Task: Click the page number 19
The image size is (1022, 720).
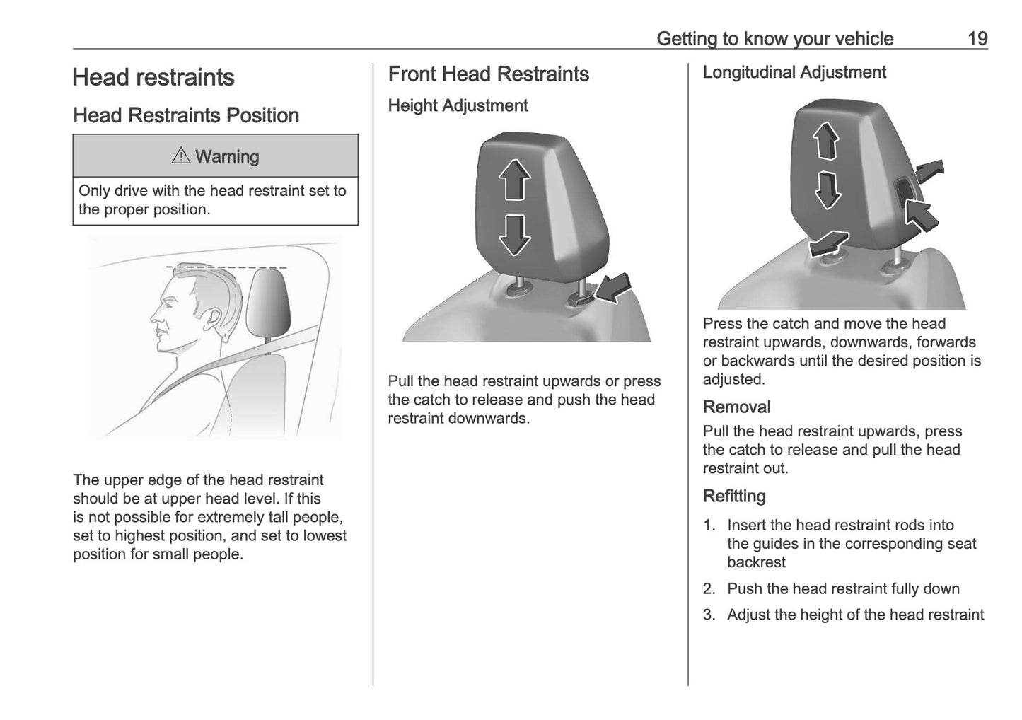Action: point(977,39)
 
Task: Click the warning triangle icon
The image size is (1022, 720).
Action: point(181,156)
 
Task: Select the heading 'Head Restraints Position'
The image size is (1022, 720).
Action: point(186,115)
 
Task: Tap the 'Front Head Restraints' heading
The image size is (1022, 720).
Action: point(488,74)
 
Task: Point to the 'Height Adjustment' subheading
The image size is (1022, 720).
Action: point(458,105)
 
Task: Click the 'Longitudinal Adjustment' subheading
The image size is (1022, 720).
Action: point(794,72)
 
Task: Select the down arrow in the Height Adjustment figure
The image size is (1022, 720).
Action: point(515,234)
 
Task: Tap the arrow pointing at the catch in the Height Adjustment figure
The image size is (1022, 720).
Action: point(612,288)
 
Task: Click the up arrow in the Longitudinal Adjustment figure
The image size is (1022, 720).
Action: point(825,141)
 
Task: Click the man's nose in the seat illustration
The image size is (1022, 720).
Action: point(152,315)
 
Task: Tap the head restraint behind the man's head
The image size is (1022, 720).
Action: point(269,301)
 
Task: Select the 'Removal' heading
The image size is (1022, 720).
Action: point(736,407)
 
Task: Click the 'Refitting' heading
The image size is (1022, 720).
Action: point(734,497)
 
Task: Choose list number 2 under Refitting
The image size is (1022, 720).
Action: point(709,589)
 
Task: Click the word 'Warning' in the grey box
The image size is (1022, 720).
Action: point(227,156)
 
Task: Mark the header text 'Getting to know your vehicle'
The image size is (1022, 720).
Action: point(774,39)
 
